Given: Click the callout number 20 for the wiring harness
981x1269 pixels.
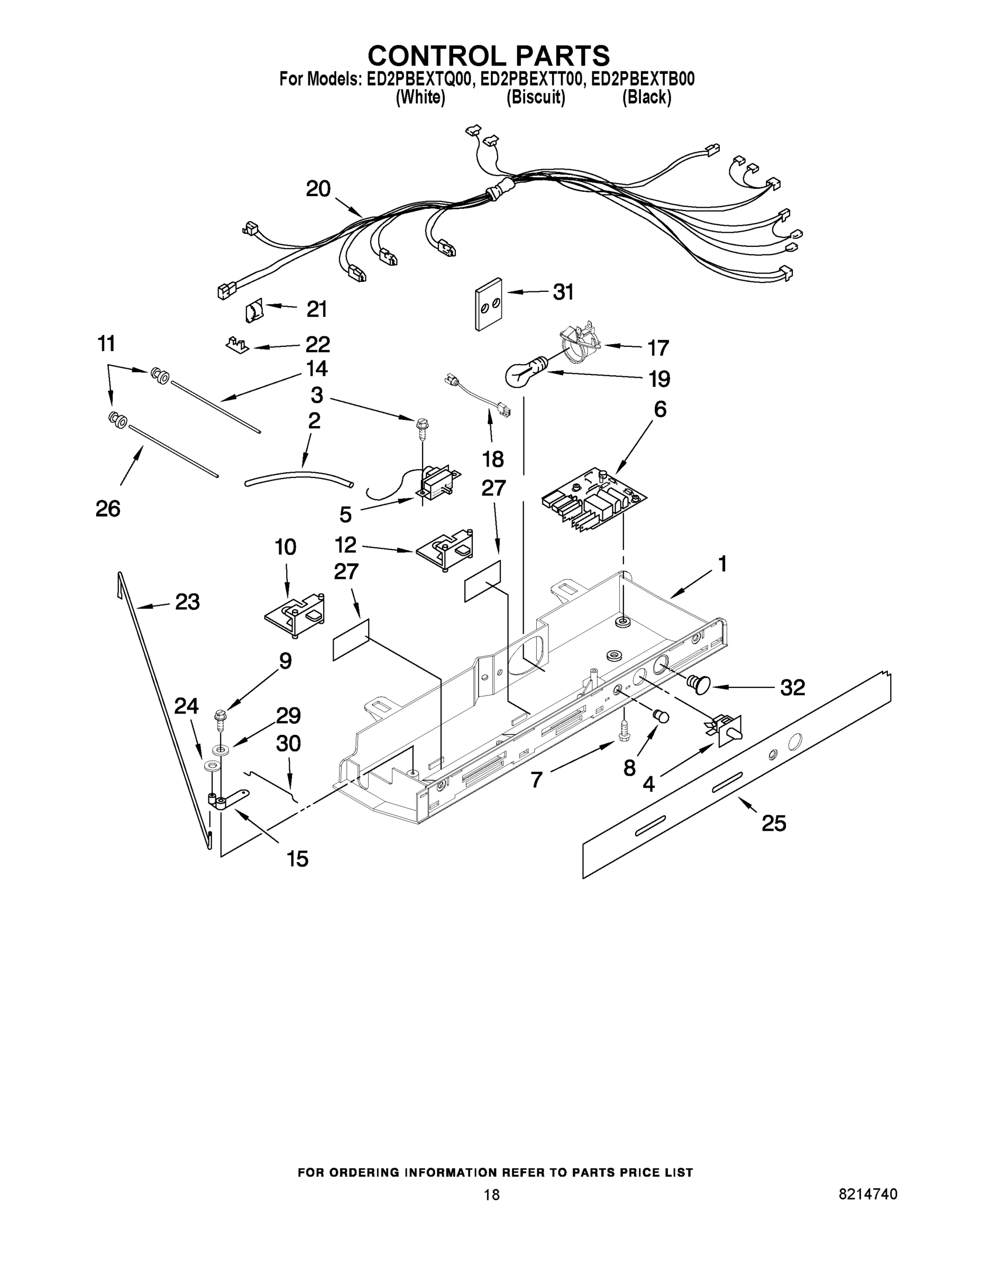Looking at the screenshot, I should (x=318, y=189).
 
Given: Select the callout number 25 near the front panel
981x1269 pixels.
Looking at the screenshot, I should (x=774, y=823).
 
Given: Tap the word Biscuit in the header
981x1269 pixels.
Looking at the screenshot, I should (x=535, y=98).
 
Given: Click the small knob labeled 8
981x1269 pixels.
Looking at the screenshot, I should (x=661, y=716).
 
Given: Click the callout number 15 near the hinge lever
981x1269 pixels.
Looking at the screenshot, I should (x=297, y=858).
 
